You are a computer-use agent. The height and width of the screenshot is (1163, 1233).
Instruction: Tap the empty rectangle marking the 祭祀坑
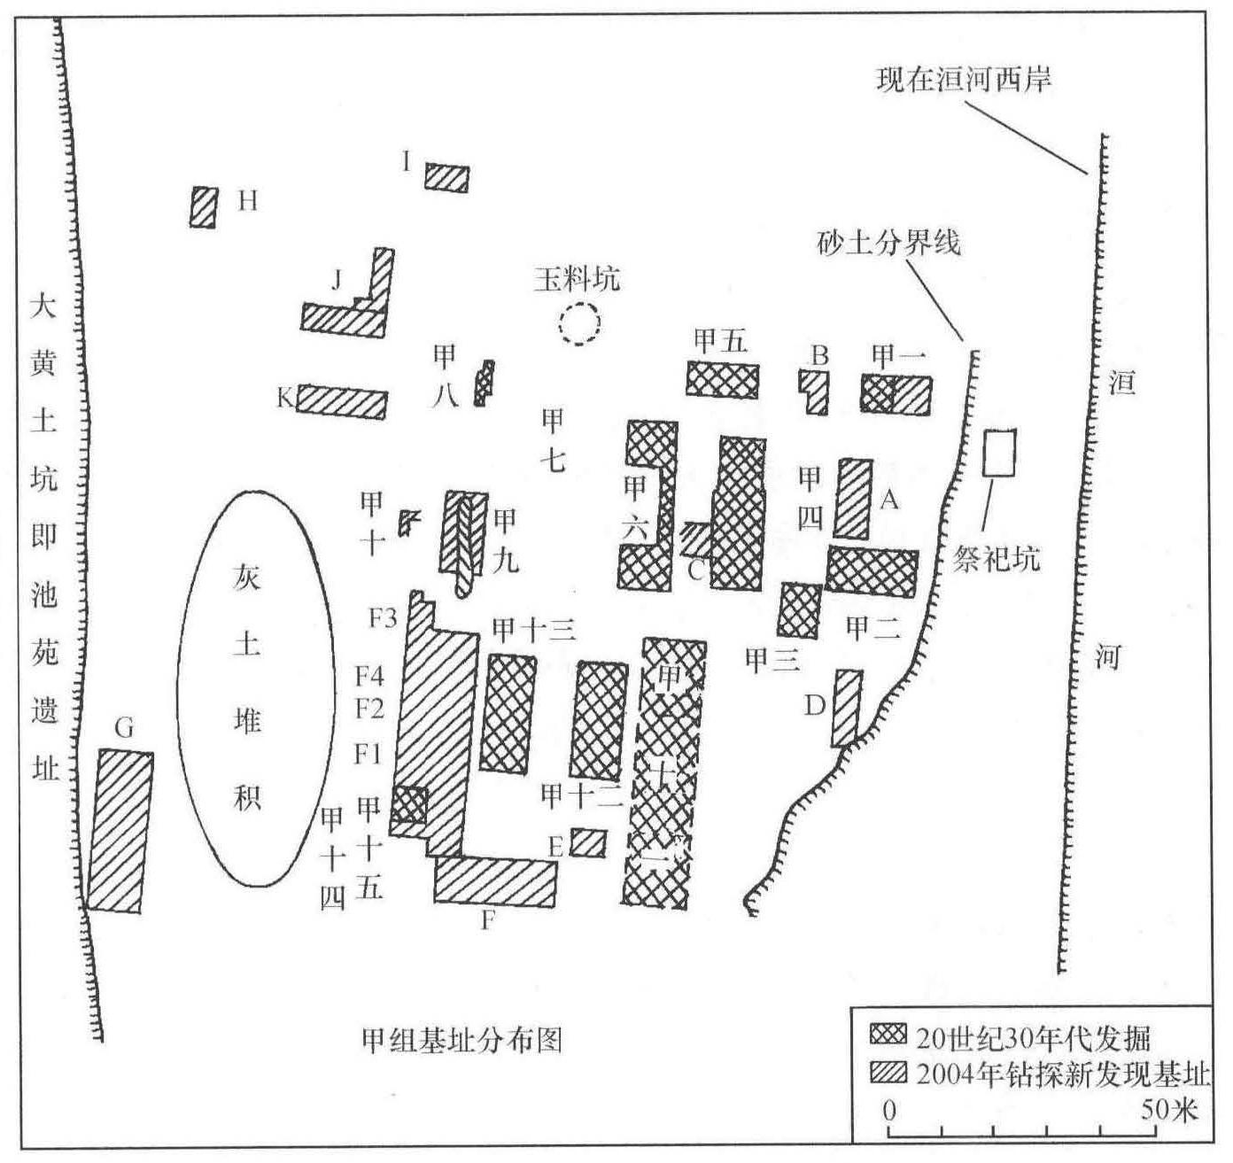(1000, 453)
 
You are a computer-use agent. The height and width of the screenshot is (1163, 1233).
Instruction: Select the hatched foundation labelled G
(120, 831)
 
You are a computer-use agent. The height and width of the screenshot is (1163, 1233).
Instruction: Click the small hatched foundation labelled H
(204, 206)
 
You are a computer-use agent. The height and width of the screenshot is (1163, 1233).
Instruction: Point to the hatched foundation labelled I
(446, 177)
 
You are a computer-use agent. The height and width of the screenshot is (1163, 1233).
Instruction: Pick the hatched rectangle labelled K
(342, 402)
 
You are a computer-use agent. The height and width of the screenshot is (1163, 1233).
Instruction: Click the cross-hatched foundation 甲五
(722, 379)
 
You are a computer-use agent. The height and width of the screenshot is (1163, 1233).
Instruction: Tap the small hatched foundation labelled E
(588, 842)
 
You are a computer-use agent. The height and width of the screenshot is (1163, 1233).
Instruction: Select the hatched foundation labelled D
(847, 708)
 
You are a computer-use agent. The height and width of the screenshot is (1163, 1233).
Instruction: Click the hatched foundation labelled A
(853, 499)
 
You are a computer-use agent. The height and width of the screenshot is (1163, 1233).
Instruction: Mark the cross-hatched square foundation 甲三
(799, 610)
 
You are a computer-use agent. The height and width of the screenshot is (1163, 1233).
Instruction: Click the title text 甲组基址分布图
(461, 1038)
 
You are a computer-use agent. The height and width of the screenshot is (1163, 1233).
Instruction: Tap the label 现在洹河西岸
(963, 81)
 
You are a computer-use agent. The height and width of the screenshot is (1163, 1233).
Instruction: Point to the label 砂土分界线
(888, 242)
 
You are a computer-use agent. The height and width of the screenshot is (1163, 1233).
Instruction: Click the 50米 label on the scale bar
(1168, 1108)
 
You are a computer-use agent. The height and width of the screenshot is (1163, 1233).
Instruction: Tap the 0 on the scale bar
(890, 1109)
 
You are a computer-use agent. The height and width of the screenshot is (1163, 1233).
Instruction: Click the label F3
(382, 617)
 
